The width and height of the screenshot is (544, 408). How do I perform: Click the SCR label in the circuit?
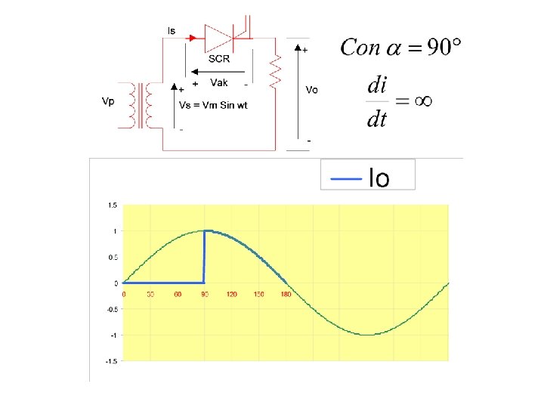[x=218, y=59]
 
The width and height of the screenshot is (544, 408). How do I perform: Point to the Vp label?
[x=108, y=101]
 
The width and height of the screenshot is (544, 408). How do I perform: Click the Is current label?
[x=172, y=30]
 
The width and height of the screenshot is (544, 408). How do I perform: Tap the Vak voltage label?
[x=219, y=82]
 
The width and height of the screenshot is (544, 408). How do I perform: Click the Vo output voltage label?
[x=311, y=89]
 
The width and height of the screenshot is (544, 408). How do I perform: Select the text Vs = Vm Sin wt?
[x=212, y=105]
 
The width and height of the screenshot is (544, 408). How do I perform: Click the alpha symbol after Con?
[x=394, y=48]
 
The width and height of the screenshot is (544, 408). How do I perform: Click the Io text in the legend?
[x=379, y=179]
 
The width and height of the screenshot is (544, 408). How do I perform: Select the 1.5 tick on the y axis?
[x=112, y=205]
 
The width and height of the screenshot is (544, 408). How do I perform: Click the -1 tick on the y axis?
[x=113, y=335]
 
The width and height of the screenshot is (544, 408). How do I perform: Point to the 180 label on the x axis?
[x=286, y=293]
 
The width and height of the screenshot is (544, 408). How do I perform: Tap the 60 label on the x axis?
[x=178, y=293]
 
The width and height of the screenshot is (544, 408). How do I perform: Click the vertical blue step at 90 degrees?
[x=205, y=257]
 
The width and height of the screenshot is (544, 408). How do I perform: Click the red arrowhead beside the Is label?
[x=193, y=36]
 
